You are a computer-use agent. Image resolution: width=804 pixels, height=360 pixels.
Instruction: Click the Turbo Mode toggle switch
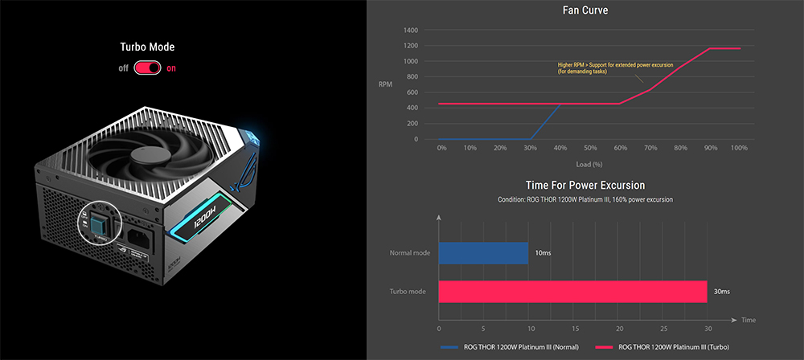[x=147, y=67]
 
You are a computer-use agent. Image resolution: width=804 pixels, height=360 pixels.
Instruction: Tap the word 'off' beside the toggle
[x=123, y=68]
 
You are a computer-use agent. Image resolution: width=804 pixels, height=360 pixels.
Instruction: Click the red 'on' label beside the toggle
[x=171, y=68]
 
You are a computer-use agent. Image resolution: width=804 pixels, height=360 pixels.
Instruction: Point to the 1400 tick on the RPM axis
[x=410, y=31]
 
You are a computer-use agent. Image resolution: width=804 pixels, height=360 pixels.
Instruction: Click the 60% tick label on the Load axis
[x=620, y=149]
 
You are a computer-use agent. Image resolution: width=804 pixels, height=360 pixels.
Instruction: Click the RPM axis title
[x=387, y=83]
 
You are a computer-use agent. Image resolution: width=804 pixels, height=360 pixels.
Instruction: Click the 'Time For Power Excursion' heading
[x=585, y=186]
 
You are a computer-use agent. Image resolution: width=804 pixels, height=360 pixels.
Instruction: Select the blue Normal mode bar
[x=483, y=253]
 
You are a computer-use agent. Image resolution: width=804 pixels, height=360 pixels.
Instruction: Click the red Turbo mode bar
[x=572, y=291]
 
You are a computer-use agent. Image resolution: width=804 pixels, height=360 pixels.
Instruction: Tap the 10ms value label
[x=543, y=253]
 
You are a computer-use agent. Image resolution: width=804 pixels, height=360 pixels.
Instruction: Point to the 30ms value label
[x=722, y=291]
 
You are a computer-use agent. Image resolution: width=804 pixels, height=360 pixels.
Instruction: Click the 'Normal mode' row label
[x=410, y=253]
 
